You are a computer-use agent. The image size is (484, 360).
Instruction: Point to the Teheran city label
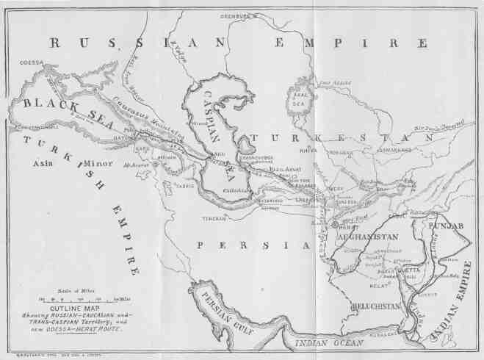pyautogui.click(x=214, y=218)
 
